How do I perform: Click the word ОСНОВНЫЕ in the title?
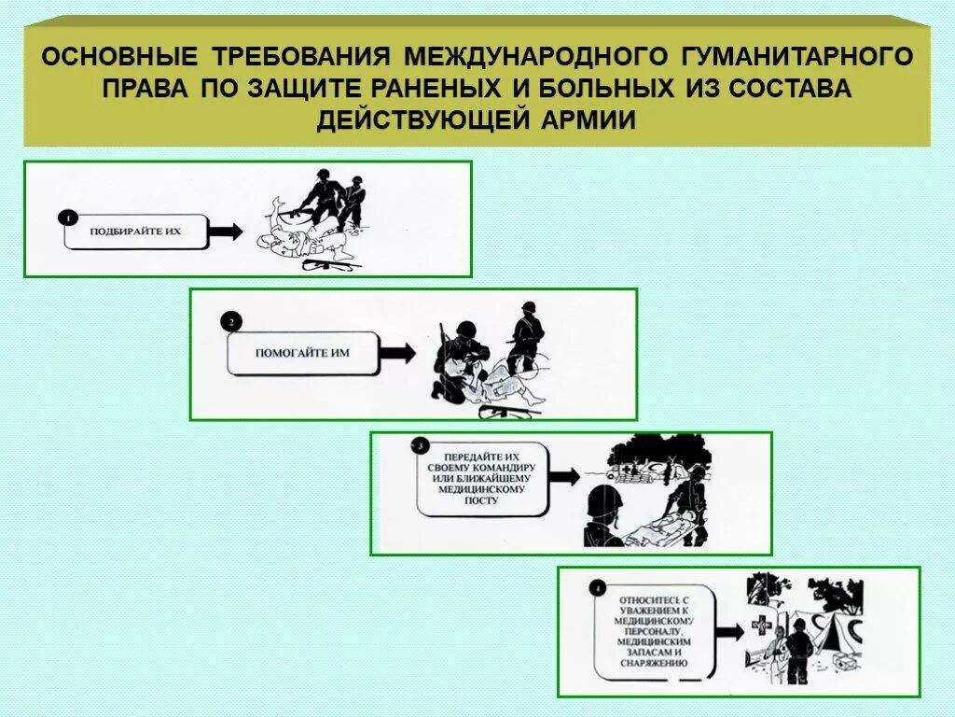click(x=119, y=56)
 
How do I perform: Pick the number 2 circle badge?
click(x=231, y=323)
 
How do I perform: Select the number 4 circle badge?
click(x=597, y=588)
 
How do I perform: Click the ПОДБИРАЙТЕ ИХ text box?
click(x=136, y=231)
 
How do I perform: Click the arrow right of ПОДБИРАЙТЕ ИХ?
click(x=226, y=231)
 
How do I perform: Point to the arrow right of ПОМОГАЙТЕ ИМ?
click(x=398, y=352)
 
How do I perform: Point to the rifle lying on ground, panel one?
click(x=331, y=265)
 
